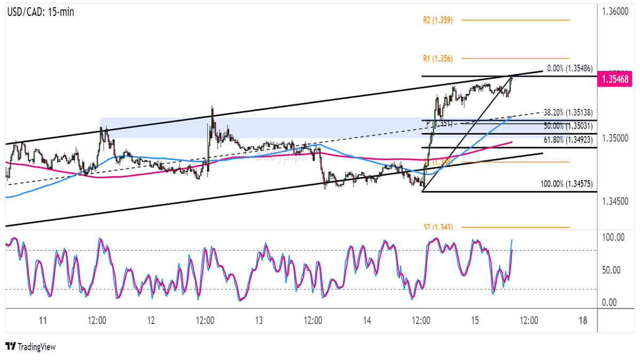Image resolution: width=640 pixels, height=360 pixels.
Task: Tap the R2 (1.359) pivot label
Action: pyautogui.click(x=438, y=20)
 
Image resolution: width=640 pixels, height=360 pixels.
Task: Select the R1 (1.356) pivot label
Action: pyautogui.click(x=438, y=58)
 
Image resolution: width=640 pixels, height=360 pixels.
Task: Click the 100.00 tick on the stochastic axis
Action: pyautogui.click(x=613, y=237)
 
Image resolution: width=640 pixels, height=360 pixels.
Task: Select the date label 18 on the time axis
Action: pyautogui.click(x=583, y=321)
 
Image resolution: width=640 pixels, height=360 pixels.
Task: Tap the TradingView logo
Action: pyautogui.click(x=30, y=347)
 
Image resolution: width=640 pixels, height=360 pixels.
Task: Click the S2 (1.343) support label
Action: pyautogui.click(x=438, y=227)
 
